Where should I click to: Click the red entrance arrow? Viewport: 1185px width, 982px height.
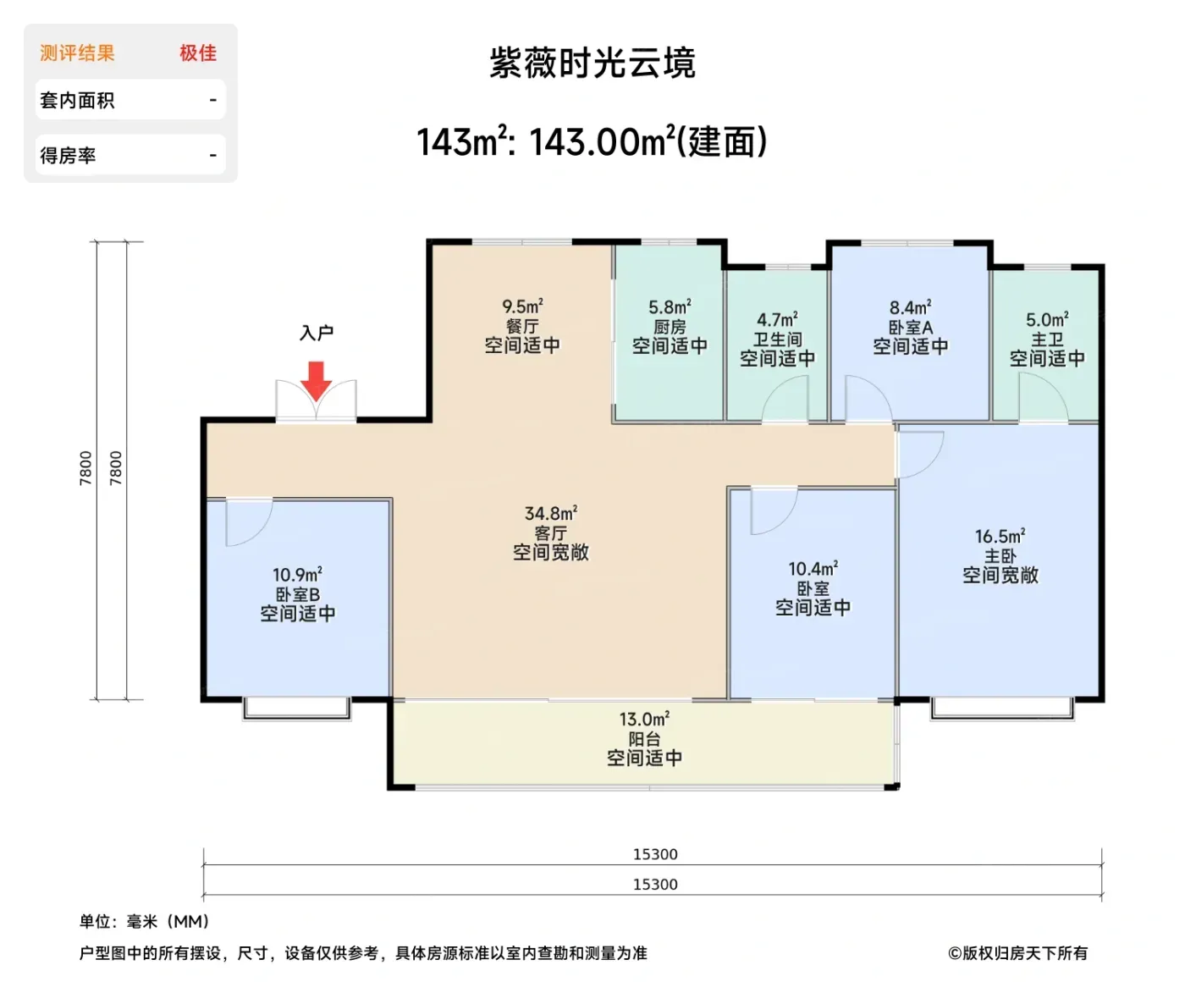coord(316,381)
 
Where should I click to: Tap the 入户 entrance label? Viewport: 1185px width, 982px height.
coord(316,333)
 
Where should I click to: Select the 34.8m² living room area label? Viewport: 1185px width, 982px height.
coord(550,514)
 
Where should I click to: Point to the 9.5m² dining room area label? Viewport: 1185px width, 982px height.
coord(522,306)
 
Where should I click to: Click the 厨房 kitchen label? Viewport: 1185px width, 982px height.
coord(670,327)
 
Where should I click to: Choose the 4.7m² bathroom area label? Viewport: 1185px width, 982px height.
coord(778,320)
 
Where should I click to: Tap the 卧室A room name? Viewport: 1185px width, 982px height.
coord(910,328)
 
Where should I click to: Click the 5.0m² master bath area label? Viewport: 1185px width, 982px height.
coord(1047,320)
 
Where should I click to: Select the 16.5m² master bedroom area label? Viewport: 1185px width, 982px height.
coord(1000,537)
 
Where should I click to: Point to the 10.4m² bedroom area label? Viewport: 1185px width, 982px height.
coord(813,569)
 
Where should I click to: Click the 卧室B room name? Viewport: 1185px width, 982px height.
coord(297,594)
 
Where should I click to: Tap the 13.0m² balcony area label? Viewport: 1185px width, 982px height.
coord(644,720)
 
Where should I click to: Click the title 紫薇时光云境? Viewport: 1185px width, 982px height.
coord(592,63)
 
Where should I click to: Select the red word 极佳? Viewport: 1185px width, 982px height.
coord(198,52)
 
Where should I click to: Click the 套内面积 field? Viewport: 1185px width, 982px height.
coord(130,101)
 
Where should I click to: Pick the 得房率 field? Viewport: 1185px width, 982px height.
coord(130,155)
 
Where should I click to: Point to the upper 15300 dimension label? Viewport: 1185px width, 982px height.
coord(655,854)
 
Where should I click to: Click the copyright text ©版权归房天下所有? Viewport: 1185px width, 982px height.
coord(1017,953)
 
